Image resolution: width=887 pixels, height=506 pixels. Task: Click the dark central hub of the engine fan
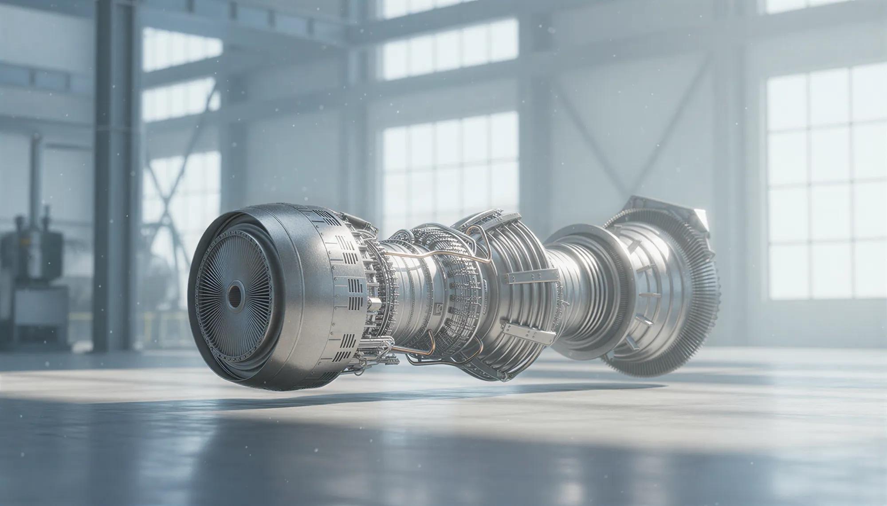(x=234, y=293)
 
